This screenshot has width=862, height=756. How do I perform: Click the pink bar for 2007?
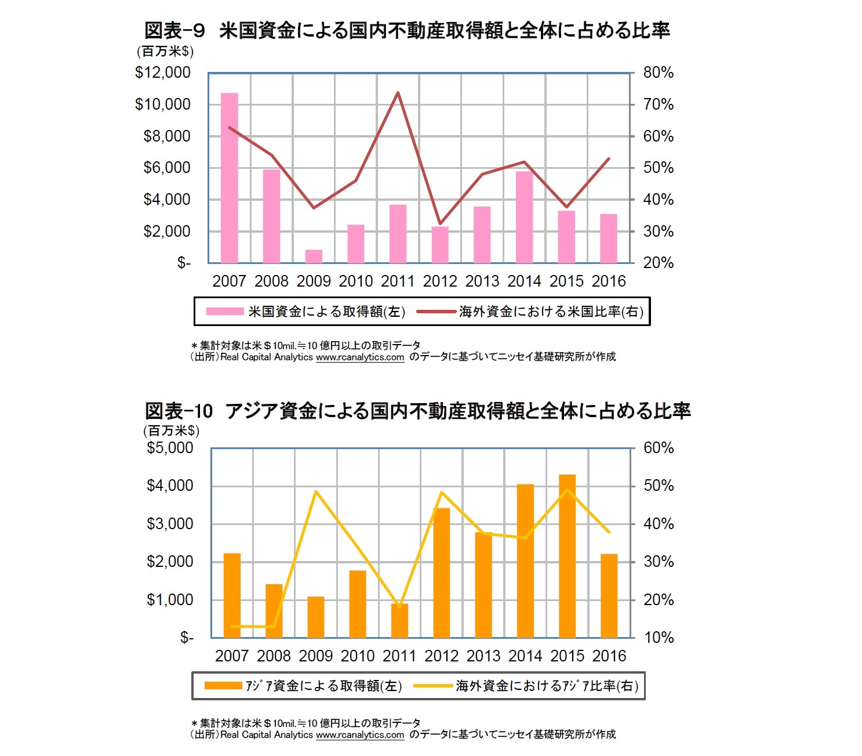coord(229,178)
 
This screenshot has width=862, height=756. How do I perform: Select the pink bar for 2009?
coord(314,256)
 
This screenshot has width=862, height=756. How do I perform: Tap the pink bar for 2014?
coord(524,217)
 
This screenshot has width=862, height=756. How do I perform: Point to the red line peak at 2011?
coord(398,93)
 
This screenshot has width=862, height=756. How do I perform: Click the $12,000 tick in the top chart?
coord(163,73)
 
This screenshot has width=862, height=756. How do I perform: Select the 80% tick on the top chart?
coord(659,73)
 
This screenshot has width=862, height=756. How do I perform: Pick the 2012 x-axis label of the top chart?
coord(440,281)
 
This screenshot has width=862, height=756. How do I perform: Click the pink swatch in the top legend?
coord(225,312)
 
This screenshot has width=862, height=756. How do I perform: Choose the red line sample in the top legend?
coord(436,312)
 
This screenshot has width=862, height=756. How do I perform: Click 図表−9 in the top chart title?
coord(174,31)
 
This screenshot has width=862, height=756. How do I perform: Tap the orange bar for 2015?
coord(567,556)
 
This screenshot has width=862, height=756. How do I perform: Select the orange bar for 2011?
coord(399,621)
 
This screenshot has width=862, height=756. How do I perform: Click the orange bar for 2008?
coord(274,611)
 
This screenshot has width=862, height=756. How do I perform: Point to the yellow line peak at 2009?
coord(316,491)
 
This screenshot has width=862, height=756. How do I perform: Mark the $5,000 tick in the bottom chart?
coord(170,448)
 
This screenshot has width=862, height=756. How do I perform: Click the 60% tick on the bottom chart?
coord(659,448)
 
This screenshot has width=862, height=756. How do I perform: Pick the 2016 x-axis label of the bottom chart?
coord(609,656)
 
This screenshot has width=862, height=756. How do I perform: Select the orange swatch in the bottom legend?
coord(223,686)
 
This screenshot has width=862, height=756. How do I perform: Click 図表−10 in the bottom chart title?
coord(179,411)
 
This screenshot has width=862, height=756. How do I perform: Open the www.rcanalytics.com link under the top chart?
coord(360,357)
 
